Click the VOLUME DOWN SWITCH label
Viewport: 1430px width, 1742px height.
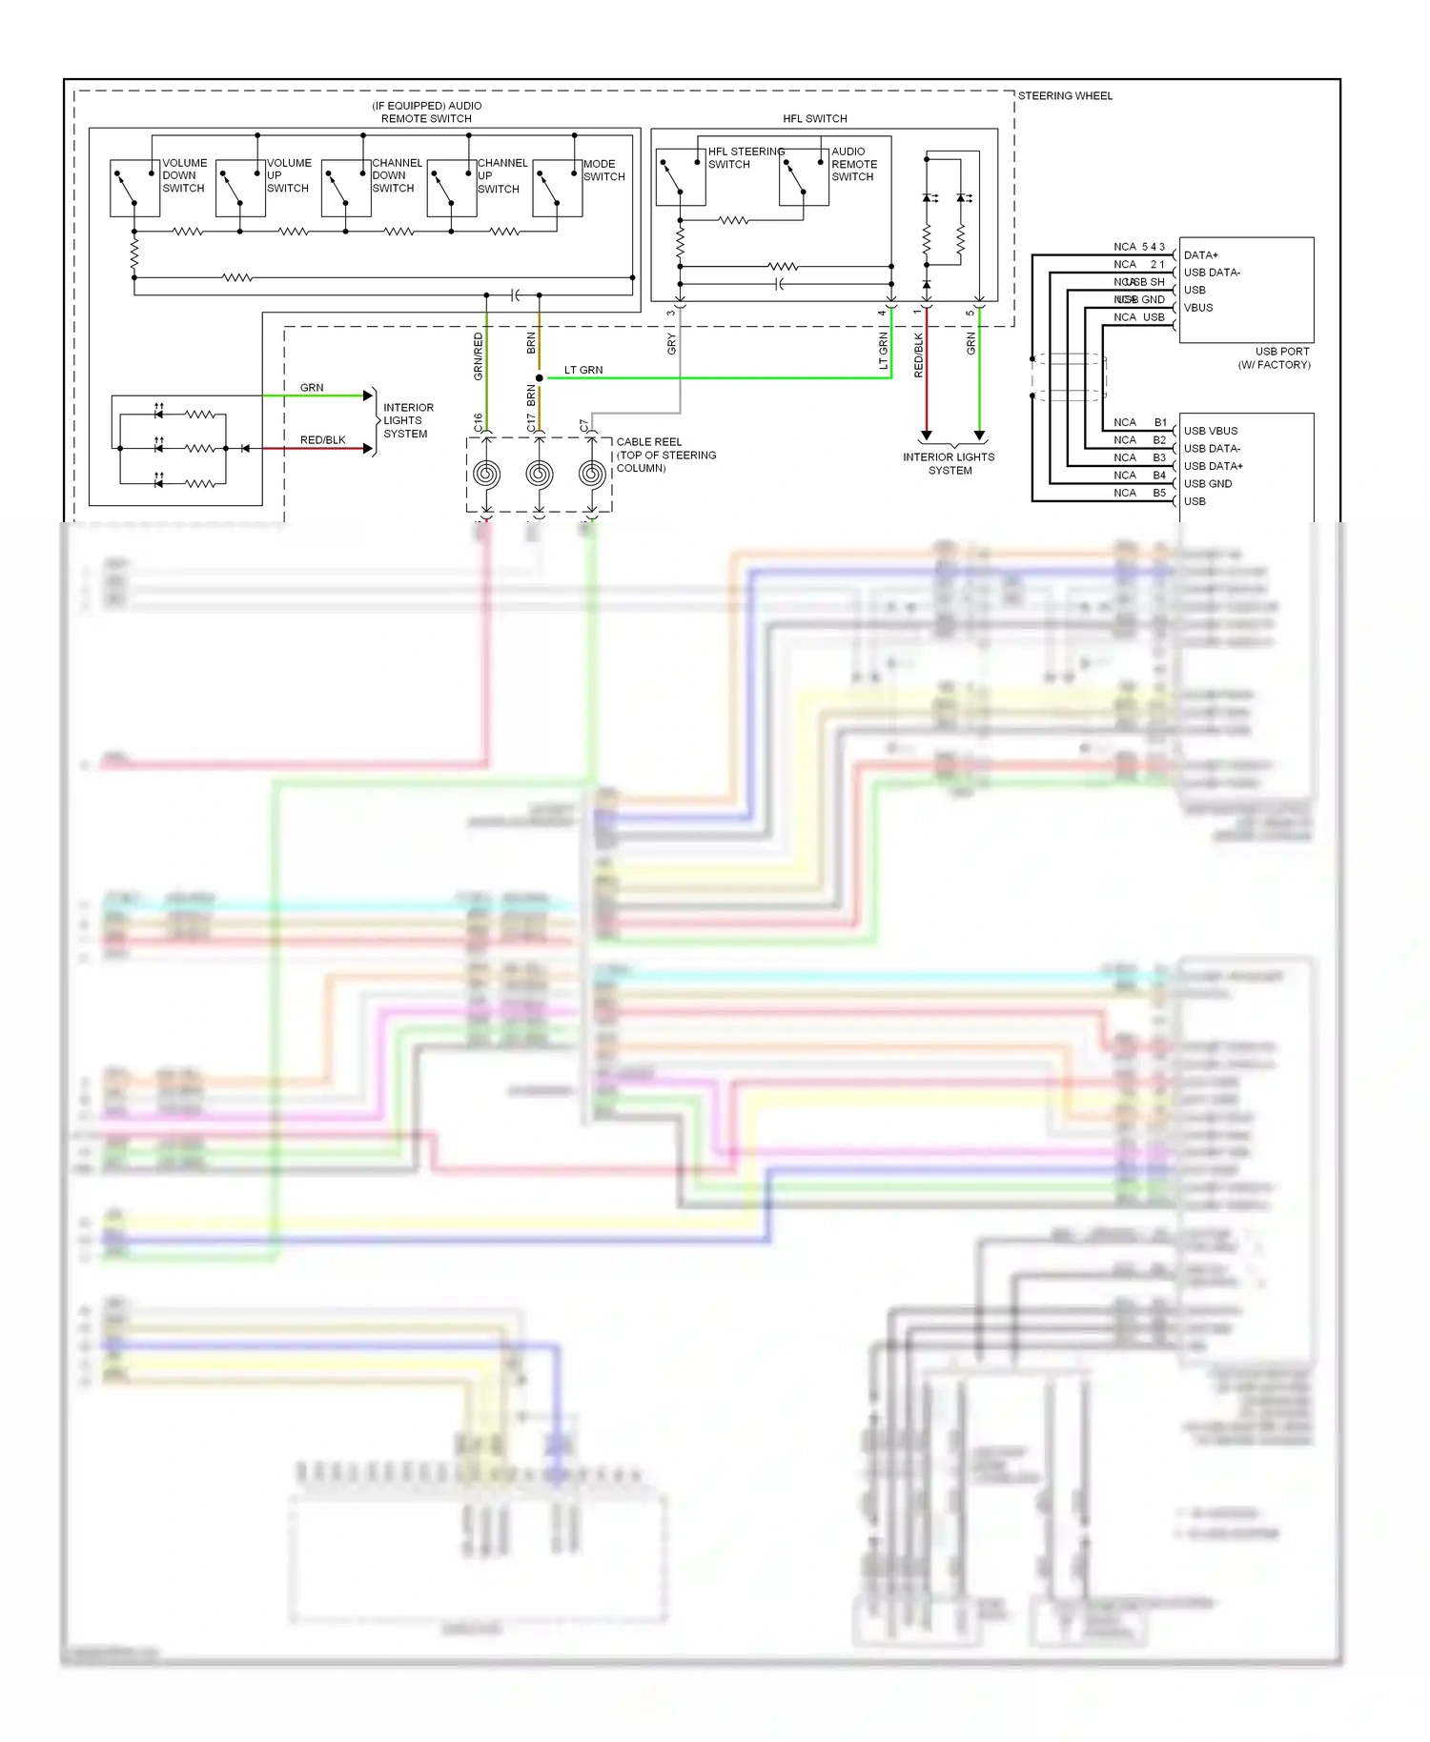point(184,175)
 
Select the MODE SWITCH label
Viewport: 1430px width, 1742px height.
point(603,171)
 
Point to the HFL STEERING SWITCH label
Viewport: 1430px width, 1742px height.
point(745,158)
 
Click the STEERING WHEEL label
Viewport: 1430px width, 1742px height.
point(1065,96)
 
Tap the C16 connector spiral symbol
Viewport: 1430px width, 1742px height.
point(486,474)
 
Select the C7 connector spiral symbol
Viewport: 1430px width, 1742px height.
point(591,474)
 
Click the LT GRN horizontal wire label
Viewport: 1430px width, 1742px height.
point(583,370)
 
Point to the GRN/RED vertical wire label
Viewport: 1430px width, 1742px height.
point(479,356)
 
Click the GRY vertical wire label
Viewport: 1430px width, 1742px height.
point(672,344)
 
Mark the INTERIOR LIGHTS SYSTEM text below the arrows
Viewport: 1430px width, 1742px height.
point(949,463)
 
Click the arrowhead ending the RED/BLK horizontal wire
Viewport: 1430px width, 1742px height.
point(368,448)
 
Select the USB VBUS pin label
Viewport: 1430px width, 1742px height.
point(1211,431)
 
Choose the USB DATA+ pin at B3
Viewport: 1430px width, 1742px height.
point(1213,466)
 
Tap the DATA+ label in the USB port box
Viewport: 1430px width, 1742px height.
point(1200,255)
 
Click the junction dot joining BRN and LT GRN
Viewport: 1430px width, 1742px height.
point(540,378)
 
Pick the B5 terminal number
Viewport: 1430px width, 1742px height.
point(1159,493)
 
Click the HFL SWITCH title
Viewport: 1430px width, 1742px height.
point(814,119)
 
